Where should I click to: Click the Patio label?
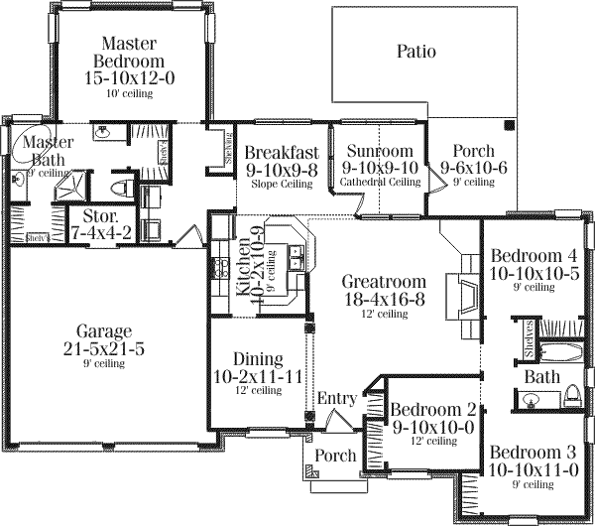coord(416,51)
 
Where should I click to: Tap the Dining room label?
coord(257,359)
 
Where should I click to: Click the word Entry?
coord(337,399)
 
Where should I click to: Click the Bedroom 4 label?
coord(533,254)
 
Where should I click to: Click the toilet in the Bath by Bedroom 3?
coord(571,398)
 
